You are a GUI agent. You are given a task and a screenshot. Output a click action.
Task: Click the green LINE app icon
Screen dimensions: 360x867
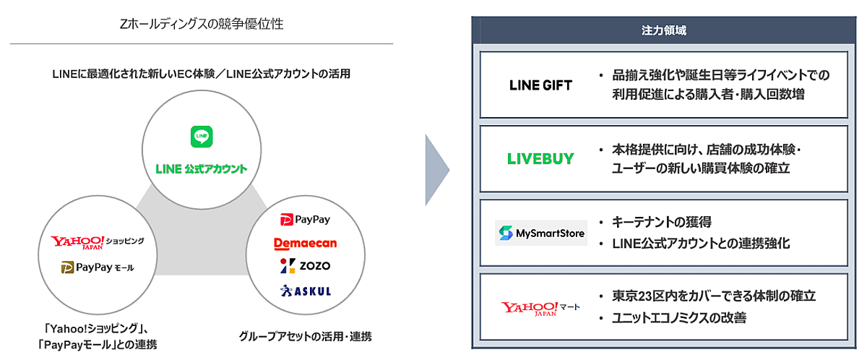[x=201, y=137]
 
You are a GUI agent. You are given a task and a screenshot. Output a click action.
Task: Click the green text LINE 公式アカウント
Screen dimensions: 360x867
[x=201, y=169]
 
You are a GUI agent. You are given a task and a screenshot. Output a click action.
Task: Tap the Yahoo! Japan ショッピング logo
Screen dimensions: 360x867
[x=97, y=241]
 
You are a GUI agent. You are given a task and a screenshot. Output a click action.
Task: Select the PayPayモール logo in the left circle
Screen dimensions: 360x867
[x=97, y=268]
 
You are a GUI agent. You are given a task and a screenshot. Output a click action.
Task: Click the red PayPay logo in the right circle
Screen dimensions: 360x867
[x=304, y=219]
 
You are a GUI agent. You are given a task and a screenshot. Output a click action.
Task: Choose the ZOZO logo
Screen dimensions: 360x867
[x=304, y=266]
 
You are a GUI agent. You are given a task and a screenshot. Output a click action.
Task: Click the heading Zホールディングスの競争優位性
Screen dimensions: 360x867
[x=202, y=25]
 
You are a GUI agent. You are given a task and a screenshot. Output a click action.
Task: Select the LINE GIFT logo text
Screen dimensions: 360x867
[x=540, y=85]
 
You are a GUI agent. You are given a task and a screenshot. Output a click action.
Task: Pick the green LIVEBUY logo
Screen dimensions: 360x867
[x=540, y=160]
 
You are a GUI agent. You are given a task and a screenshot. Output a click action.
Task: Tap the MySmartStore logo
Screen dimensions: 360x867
[x=540, y=233]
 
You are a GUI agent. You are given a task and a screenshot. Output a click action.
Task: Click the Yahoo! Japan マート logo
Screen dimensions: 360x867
[x=540, y=308]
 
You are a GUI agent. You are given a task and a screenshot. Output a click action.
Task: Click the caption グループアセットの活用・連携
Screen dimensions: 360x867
[x=305, y=336]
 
